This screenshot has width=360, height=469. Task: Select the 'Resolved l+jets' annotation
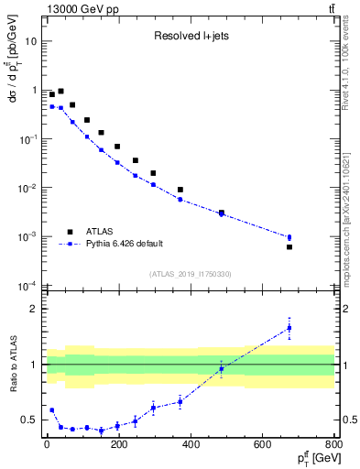click(191, 37)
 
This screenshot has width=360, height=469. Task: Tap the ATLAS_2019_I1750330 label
click(191, 274)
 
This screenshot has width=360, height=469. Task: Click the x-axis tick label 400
click(191, 447)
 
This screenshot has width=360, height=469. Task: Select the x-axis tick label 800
click(334, 447)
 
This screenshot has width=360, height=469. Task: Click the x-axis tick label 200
click(119, 447)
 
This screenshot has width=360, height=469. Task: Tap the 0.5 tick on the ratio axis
click(29, 420)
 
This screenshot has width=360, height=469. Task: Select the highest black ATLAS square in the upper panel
click(60, 92)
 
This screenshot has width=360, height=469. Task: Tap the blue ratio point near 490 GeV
click(221, 368)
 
